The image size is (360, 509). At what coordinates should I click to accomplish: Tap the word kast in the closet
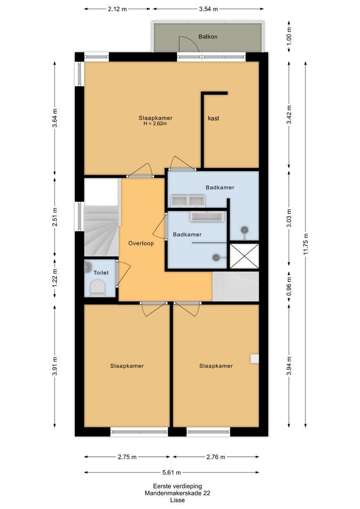pos(213,118)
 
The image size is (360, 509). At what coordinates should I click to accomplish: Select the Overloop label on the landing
pos(141,243)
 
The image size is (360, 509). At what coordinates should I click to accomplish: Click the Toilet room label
pos(101,272)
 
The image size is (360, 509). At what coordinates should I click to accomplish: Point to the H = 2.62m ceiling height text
pos(155,124)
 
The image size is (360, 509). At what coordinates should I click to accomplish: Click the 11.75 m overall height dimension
pos(306,244)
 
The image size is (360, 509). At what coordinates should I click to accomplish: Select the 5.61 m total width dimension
pos(172,472)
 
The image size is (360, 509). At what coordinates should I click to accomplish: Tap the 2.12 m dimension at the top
pos(117,8)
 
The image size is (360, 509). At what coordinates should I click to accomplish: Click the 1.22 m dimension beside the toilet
pos(55,278)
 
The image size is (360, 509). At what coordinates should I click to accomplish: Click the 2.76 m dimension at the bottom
pos(215,457)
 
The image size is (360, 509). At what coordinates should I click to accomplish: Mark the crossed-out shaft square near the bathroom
pos(244,255)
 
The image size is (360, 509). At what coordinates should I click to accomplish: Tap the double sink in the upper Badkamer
pos(188,201)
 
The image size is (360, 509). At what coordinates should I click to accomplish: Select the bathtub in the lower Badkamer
pos(206,216)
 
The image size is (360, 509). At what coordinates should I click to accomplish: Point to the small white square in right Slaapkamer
pos(254,359)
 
